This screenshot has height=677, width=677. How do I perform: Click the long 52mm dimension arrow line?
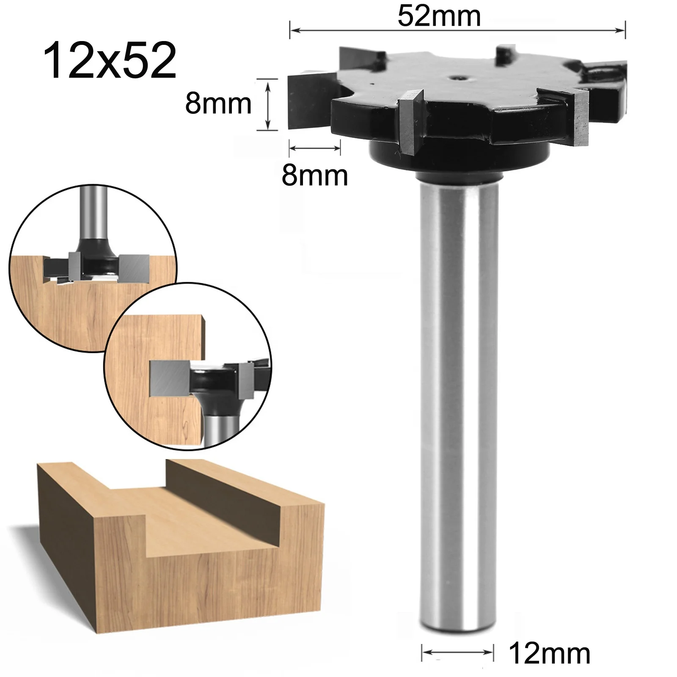click(457, 30)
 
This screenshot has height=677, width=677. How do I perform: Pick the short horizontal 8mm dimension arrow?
click(314, 148)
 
